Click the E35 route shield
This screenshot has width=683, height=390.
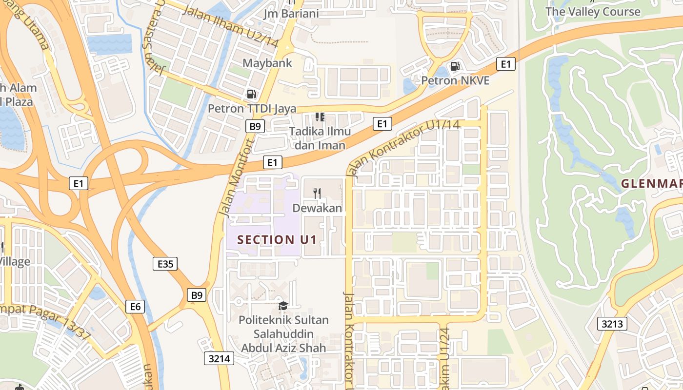165,264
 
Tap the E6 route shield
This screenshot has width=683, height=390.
135,306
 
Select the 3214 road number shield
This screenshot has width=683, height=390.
219,359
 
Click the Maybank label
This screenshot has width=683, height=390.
267,63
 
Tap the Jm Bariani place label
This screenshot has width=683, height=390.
291,13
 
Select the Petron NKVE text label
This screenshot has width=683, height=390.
455,80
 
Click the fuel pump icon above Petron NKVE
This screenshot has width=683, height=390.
455,66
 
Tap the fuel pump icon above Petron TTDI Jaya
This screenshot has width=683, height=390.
252,94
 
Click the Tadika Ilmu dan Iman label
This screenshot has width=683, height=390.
320,138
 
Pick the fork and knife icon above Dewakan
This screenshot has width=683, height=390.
317,194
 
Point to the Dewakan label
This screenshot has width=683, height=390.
317,208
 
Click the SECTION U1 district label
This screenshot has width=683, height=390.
277,240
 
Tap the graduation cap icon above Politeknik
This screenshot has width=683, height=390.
283,306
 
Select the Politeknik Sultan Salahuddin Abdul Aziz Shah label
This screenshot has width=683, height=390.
284,334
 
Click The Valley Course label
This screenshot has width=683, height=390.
593,12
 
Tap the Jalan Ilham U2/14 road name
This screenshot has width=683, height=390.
230,26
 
